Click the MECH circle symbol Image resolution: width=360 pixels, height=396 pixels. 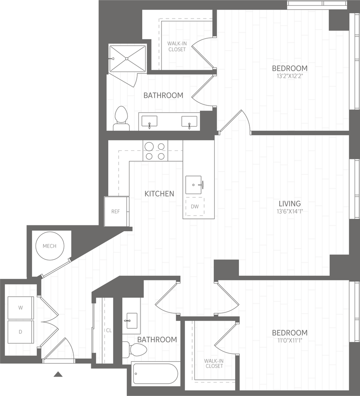pos(49,246)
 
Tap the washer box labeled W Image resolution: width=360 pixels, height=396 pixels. pos(20,308)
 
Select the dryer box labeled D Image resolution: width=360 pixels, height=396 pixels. pos(20,331)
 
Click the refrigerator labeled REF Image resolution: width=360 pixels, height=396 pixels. pos(116,212)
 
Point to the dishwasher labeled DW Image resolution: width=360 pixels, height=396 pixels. pos(195,207)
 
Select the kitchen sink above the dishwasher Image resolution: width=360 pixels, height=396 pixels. pos(194,185)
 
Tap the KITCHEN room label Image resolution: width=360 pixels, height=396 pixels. pos(159,194)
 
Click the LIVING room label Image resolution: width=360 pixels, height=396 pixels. pos(290,203)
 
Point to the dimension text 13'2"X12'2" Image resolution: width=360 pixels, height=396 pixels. pos(290,77)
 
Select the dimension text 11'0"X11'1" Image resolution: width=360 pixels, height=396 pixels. pos(290,341)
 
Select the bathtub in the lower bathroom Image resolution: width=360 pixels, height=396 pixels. pos(155,374)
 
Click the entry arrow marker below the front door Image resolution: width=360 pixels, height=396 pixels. pos(58,374)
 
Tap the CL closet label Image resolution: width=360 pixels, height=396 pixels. pos(109,330)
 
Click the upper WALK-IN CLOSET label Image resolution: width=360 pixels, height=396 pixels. pos(177,46)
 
